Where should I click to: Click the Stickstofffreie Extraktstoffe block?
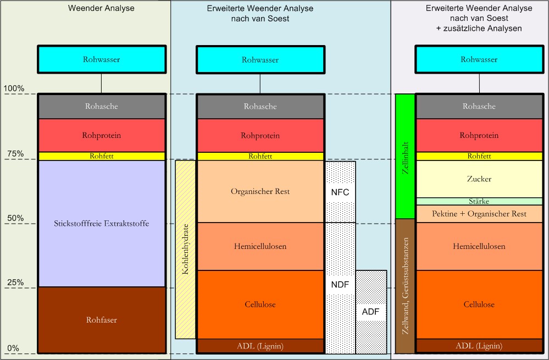[101, 223]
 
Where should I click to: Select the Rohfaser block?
[101, 319]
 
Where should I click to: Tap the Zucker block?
[479, 179]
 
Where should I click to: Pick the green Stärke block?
[479, 201]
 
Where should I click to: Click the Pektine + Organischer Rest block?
[479, 213]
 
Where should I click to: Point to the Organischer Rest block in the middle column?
[260, 191]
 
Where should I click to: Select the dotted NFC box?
[340, 192]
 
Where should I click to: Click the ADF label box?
[370, 312]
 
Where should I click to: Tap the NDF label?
[340, 284]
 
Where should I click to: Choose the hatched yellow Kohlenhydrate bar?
[185, 249]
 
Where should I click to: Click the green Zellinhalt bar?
[405, 156]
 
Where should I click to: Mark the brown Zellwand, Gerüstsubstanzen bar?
[405, 286]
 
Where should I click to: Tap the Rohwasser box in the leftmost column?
[101, 59]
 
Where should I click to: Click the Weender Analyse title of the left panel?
[101, 8]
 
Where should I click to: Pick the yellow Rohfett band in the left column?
[101, 156]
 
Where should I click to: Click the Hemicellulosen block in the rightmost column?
[479, 246]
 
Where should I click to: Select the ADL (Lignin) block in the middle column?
[260, 346]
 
